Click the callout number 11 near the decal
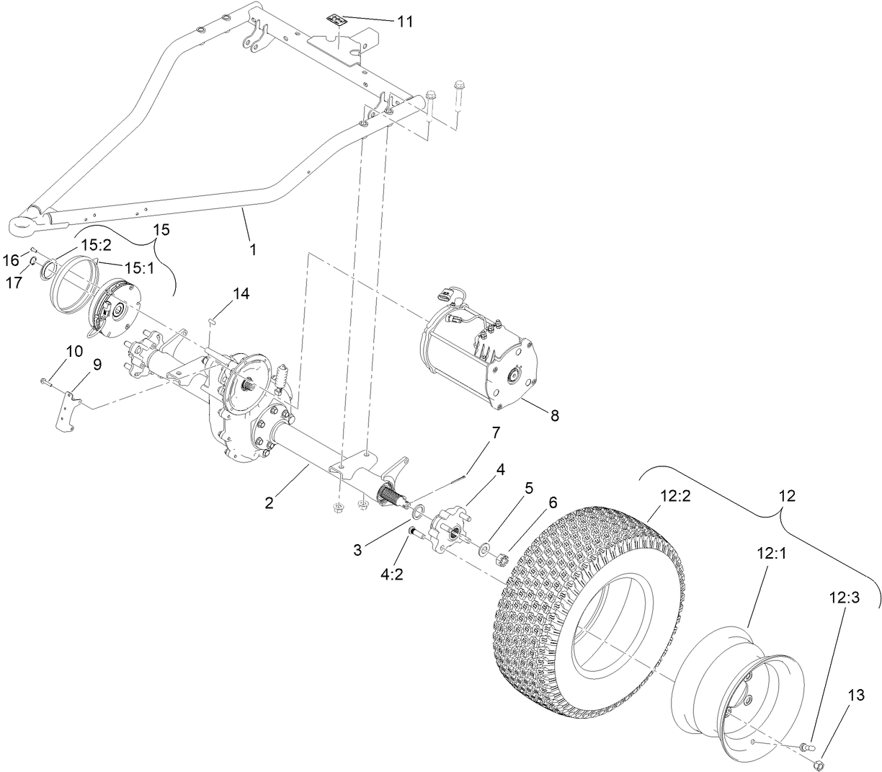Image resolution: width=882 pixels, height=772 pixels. [405, 22]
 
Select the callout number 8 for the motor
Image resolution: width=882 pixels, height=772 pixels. [554, 416]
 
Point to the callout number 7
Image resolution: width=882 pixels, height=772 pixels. [496, 432]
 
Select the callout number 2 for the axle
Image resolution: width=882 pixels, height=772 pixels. [269, 503]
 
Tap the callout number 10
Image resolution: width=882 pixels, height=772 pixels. [75, 351]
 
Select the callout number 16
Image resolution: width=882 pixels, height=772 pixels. [12, 259]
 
